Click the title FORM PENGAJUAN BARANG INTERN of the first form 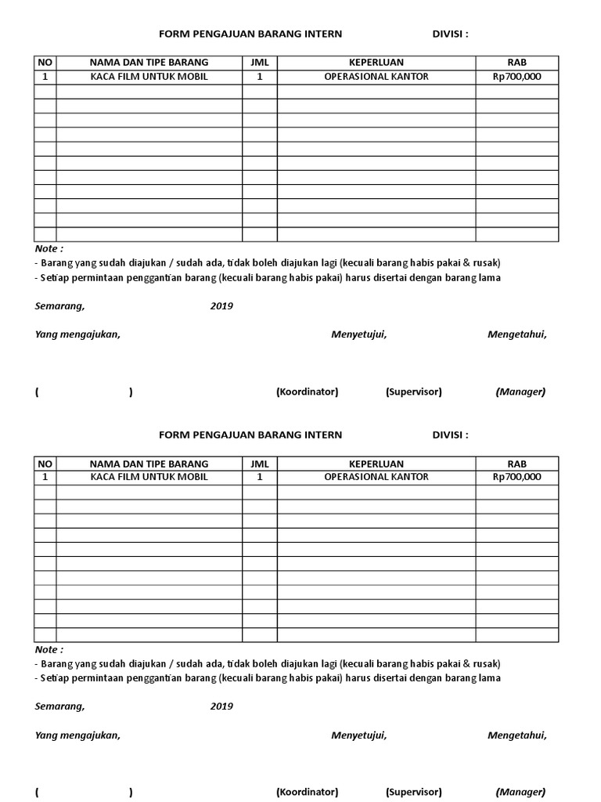[x=250, y=34]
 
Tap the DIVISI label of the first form [x=450, y=34]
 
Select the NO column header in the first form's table [x=45, y=63]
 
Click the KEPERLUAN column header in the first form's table [x=376, y=63]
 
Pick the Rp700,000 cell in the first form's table [x=516, y=77]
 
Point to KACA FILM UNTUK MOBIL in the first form [x=149, y=77]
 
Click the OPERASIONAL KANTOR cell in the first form [x=376, y=77]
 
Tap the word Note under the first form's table [x=49, y=249]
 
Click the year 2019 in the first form [x=221, y=306]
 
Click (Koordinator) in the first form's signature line [x=307, y=392]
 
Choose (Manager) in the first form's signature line [x=520, y=392]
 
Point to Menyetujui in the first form [x=358, y=335]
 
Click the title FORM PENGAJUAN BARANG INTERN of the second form [x=250, y=435]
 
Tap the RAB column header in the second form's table [x=516, y=463]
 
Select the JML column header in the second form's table [x=259, y=463]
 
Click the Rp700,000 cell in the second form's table [x=516, y=477]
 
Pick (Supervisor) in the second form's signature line [x=413, y=792]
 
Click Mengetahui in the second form [x=516, y=735]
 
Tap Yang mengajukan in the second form [x=77, y=735]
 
